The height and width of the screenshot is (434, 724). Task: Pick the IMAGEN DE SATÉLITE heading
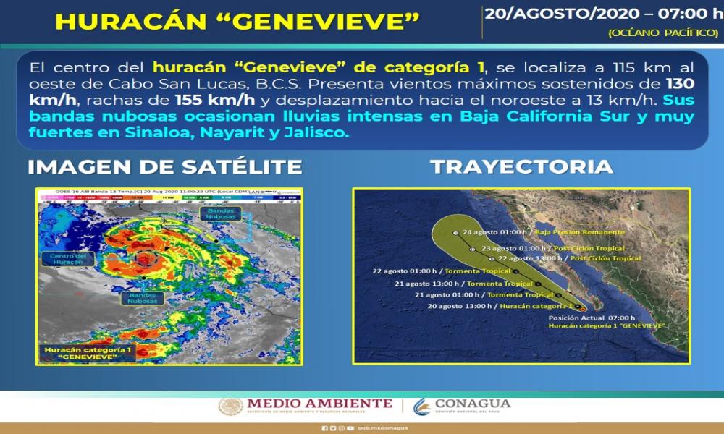[164, 167]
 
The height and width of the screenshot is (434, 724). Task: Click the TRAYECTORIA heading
[521, 167]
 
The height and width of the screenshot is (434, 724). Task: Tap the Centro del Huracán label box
[67, 259]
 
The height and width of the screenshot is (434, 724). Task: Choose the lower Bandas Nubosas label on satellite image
[143, 298]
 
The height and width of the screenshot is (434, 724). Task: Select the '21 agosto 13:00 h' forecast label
[433, 284]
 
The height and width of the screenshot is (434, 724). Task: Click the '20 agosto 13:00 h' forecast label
[462, 307]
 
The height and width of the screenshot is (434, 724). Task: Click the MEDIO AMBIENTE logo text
[319, 404]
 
